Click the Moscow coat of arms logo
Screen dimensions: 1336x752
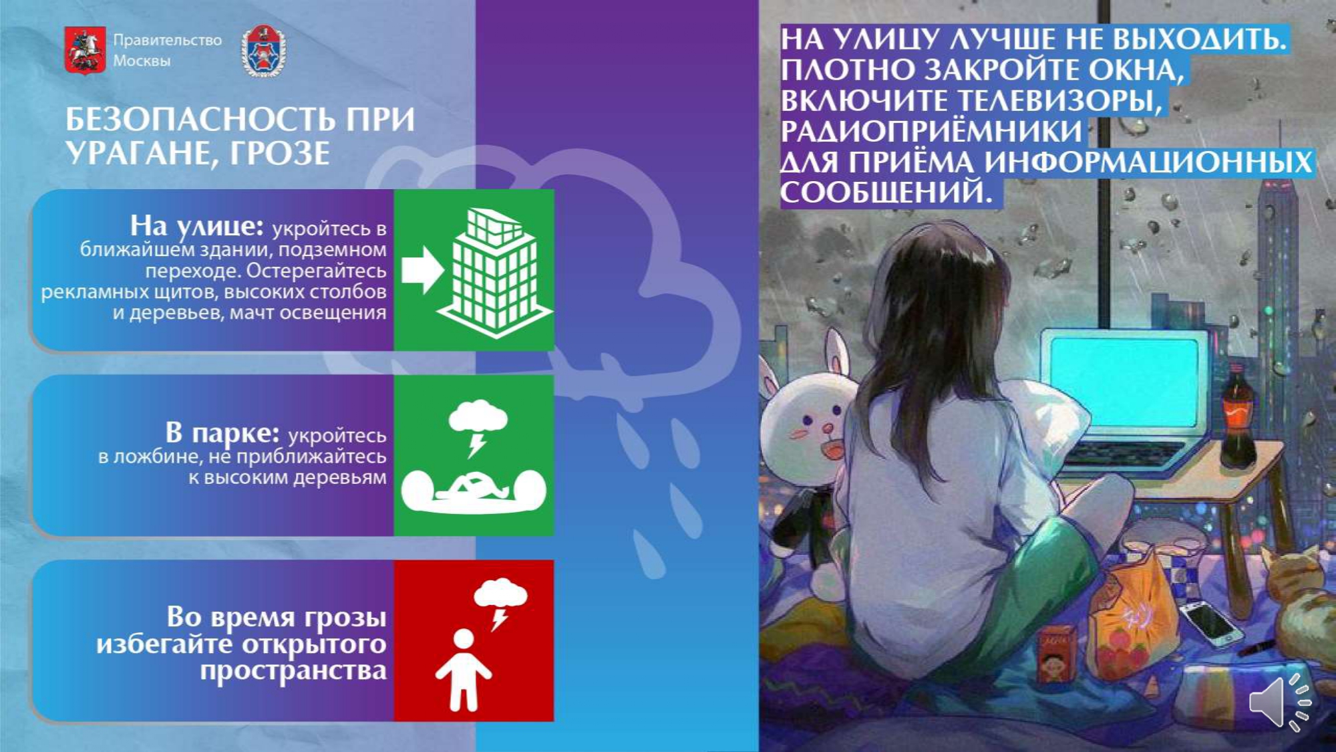click(x=85, y=50)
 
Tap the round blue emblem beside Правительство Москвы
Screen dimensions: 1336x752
click(x=265, y=51)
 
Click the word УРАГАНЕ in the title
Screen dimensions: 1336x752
click(x=140, y=153)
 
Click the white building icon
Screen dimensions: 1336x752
click(x=494, y=272)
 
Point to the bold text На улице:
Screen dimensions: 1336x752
click(x=197, y=226)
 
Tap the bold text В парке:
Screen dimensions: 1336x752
click(x=222, y=432)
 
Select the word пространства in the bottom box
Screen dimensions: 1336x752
click(x=293, y=671)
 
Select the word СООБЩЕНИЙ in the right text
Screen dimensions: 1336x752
click(x=886, y=193)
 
